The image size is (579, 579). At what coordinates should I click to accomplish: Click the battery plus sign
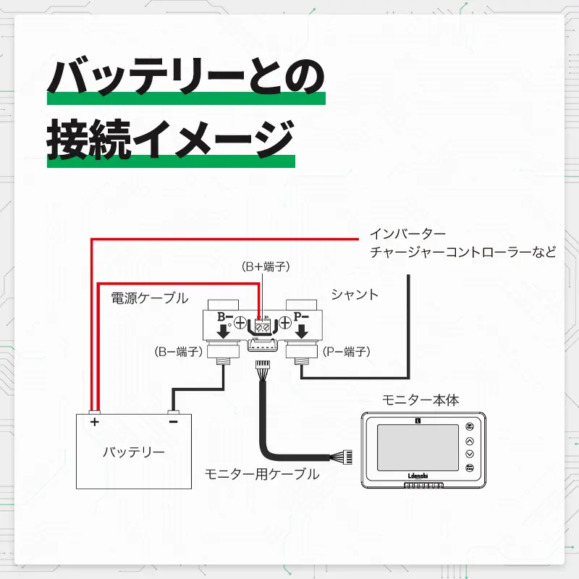95,422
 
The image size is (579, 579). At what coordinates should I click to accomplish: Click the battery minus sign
173,422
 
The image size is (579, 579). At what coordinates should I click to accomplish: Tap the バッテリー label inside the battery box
134,452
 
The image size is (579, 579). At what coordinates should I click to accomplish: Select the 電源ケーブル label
150,298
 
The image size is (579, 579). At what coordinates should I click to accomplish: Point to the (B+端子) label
266,266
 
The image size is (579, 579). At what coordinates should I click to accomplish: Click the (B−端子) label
179,352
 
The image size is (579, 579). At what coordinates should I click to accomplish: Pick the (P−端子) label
347,352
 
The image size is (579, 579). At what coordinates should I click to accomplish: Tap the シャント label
355,295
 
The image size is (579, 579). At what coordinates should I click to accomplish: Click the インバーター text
407,234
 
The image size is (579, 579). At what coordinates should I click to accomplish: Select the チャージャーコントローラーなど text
463,252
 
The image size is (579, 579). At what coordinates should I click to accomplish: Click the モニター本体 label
420,400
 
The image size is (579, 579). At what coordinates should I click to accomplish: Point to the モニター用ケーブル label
262,474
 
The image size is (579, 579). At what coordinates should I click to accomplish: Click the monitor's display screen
418,447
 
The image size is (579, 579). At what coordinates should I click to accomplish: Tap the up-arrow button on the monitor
470,441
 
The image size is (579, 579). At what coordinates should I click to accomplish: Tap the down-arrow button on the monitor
470,455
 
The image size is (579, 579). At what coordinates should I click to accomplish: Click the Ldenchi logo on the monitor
418,476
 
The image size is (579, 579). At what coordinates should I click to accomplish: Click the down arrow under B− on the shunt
223,331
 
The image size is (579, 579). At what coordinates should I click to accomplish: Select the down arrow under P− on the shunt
302,331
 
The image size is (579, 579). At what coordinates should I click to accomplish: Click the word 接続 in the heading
89,139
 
